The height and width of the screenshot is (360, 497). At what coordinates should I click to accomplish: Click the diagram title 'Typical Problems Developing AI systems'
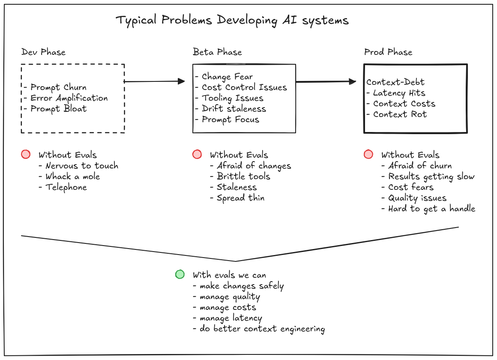pos(232,21)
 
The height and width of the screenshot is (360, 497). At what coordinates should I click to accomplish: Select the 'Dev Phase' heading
pos(43,52)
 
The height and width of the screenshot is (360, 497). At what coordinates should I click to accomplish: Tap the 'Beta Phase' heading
pos(217,52)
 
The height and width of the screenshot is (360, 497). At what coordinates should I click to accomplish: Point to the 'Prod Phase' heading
pos(388,52)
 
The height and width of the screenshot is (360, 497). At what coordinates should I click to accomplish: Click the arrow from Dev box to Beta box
pos(154,81)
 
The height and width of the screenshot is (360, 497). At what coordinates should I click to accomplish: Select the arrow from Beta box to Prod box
pos(326,81)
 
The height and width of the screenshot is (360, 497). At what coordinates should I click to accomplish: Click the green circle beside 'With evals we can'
pos(180,274)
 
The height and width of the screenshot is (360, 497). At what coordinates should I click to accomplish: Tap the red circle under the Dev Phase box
pos(26,154)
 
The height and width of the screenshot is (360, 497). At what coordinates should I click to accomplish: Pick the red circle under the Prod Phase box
pos(368,154)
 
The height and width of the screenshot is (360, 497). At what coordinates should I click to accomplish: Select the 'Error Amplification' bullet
pos(69,98)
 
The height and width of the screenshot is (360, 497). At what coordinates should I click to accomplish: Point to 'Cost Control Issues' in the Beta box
pos(244,87)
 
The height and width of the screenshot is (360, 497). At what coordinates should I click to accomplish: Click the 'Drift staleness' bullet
pos(234,109)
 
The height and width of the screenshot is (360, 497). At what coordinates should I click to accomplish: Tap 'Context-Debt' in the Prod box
pos(395,82)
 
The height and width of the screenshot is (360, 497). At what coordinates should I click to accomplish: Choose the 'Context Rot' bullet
pos(399,114)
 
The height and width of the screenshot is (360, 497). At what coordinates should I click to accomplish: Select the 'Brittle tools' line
pos(243,177)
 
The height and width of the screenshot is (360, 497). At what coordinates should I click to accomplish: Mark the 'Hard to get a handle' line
pos(431,209)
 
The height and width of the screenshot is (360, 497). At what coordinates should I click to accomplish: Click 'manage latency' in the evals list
pos(230,318)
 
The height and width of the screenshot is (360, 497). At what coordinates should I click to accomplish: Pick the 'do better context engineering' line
pos(262,329)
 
